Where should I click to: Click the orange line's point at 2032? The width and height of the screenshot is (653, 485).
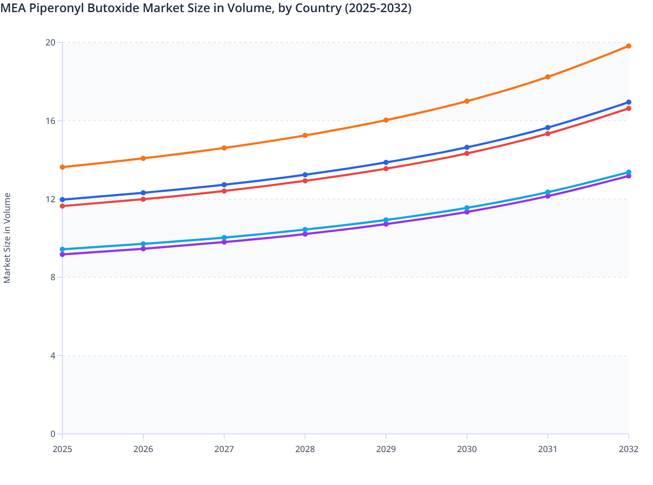tap(628, 46)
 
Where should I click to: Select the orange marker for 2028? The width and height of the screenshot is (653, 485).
tap(305, 136)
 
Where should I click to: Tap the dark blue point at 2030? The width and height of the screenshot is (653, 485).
tap(467, 147)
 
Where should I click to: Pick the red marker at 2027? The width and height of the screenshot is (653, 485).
tap(224, 191)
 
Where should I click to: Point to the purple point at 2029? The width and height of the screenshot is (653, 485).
tap(386, 224)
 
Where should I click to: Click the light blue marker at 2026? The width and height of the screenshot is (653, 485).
tap(143, 244)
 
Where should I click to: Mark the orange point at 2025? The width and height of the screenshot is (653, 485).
tap(62, 167)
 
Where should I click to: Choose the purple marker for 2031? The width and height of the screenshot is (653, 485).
tap(548, 196)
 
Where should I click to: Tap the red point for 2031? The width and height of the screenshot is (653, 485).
tap(548, 133)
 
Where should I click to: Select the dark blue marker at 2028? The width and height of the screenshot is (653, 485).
tap(305, 175)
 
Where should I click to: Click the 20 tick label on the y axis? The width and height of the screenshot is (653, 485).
tap(51, 42)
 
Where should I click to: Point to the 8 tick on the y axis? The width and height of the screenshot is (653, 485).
tap(53, 277)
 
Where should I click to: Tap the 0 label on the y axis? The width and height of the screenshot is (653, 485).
tap(53, 434)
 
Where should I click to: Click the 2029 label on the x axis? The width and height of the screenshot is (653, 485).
tap(386, 449)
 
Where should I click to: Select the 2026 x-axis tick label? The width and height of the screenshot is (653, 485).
tap(143, 449)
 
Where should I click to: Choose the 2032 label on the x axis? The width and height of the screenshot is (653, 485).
tap(628, 449)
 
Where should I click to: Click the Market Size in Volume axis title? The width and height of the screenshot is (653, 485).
tap(7, 238)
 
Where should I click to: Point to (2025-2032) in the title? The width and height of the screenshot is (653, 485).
tap(378, 8)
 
